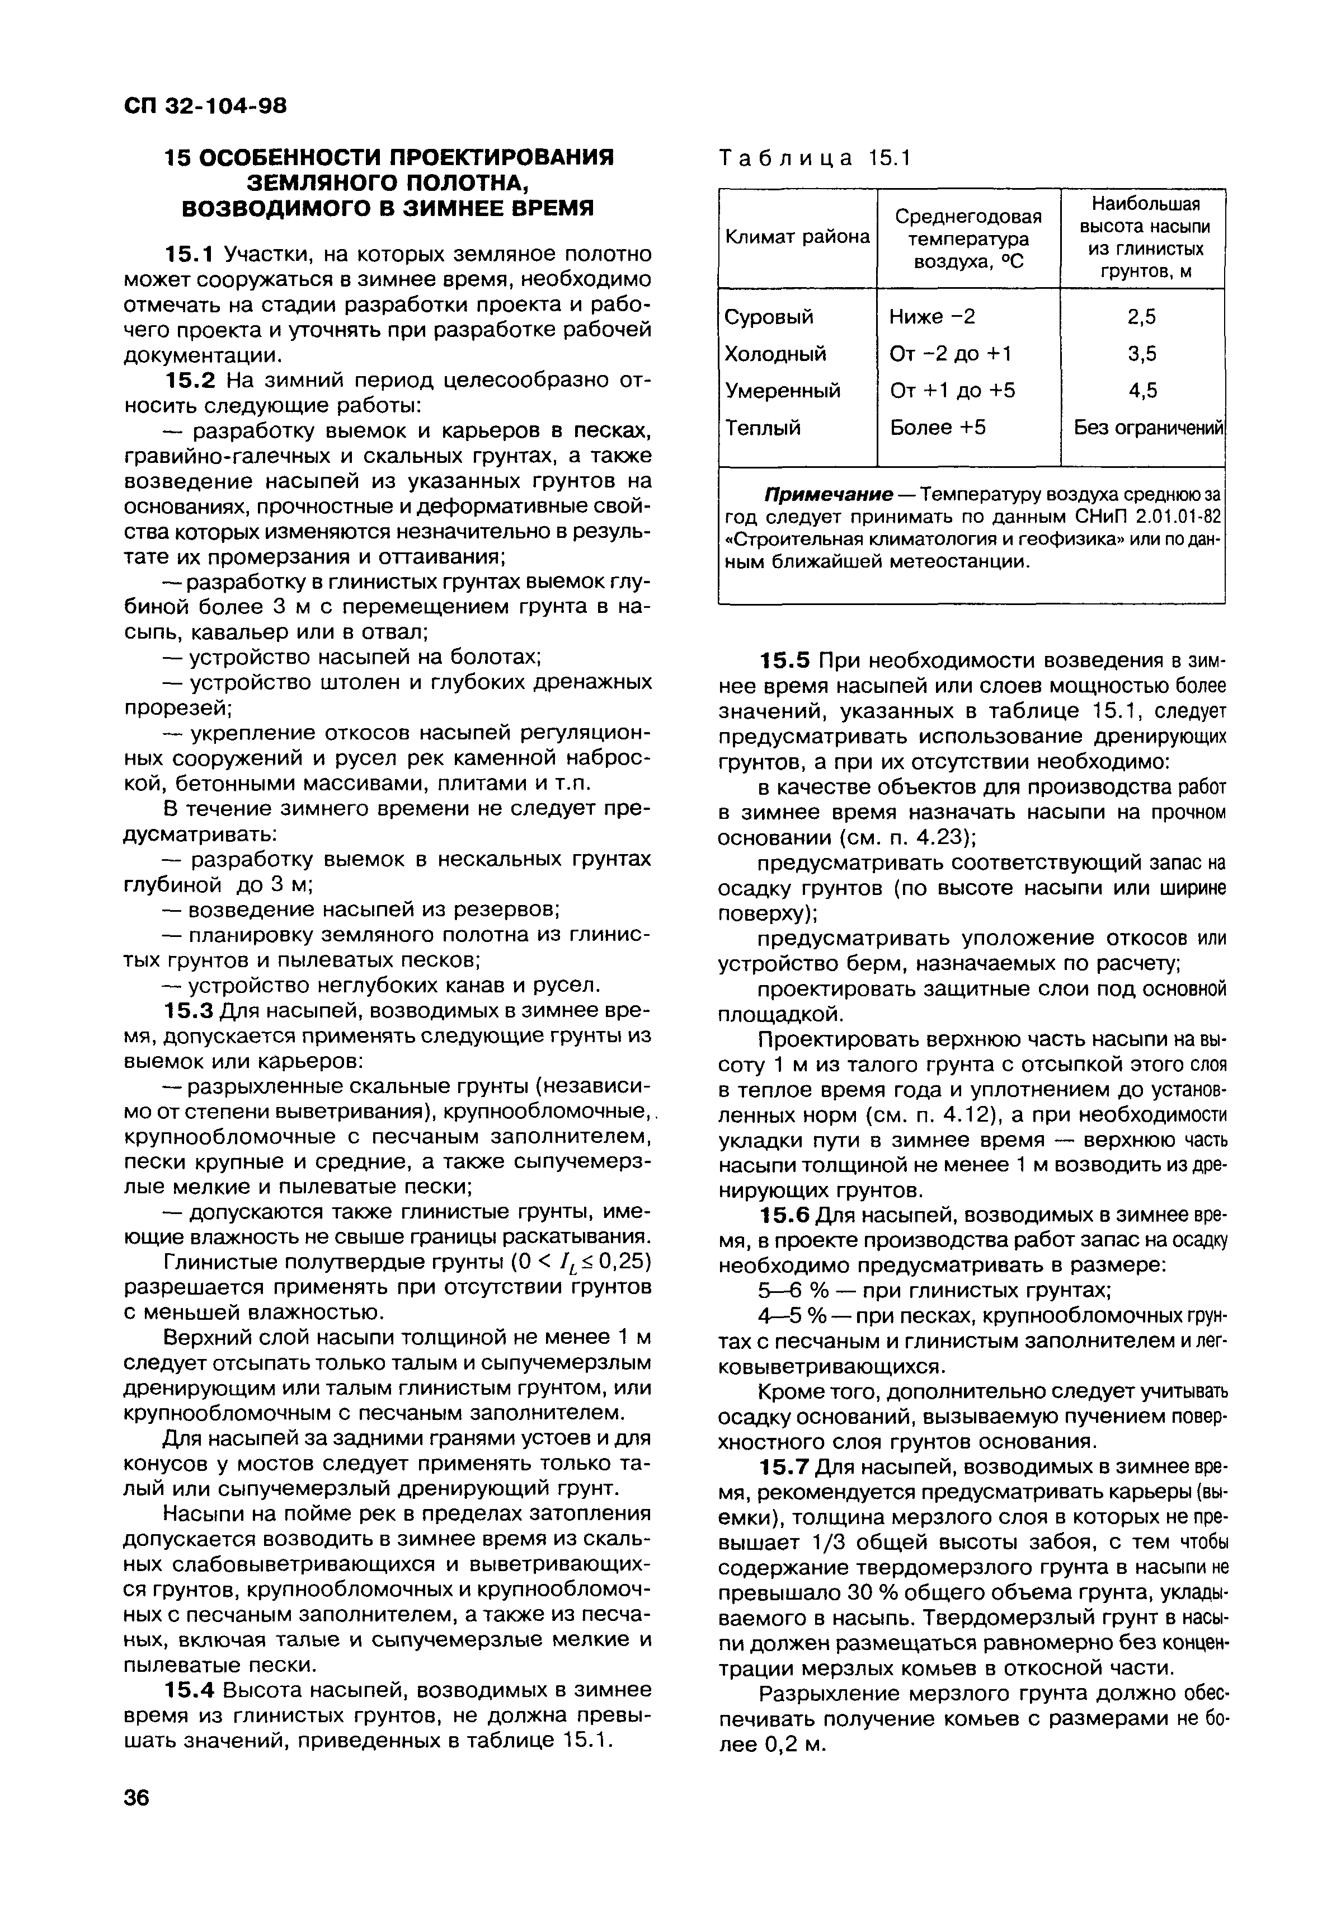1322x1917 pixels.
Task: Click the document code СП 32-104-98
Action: (205, 106)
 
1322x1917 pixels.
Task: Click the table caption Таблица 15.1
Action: (815, 158)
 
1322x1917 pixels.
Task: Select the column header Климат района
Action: (797, 238)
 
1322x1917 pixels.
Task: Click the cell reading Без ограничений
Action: (1148, 428)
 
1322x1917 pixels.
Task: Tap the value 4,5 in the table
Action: (1142, 390)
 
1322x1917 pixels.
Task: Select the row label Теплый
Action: (763, 428)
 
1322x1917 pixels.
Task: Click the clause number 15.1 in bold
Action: (191, 254)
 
